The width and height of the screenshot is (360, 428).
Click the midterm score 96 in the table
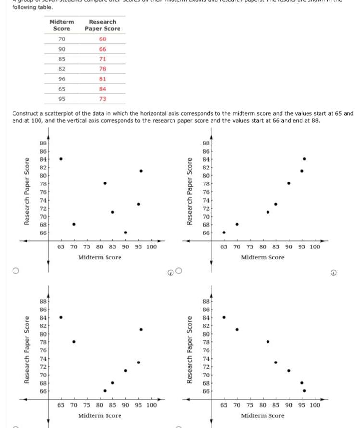(x=61, y=79)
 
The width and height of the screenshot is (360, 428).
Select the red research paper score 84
(x=103, y=89)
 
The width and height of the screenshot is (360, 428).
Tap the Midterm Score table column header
(x=62, y=25)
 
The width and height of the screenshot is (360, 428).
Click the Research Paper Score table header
(x=103, y=25)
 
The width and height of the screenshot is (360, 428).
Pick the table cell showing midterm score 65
(x=61, y=89)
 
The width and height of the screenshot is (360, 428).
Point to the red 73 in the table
(x=103, y=99)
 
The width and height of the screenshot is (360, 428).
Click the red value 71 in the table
(x=103, y=59)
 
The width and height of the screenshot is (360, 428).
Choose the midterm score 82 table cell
(x=61, y=69)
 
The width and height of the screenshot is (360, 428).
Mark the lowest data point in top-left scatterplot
(x=125, y=233)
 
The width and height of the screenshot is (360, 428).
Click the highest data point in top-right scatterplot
(x=304, y=159)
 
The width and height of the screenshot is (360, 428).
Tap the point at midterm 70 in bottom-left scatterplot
(x=74, y=341)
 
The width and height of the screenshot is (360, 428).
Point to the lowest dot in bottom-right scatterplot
(x=304, y=390)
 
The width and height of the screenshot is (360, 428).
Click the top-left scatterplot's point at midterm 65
(x=61, y=159)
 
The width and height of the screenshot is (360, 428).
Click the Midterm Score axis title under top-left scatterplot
(x=100, y=257)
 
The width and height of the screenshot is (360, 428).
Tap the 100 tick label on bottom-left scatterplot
(x=151, y=405)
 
